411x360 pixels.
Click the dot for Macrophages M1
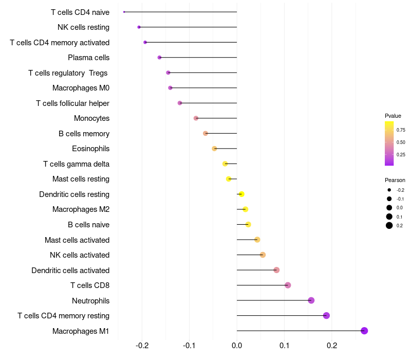click(364, 331)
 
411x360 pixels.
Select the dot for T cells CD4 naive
click(124, 12)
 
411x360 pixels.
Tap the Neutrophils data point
click(311, 300)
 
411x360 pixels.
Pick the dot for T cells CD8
click(288, 285)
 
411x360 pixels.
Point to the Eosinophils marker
click(214, 149)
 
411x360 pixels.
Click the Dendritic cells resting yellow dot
click(241, 194)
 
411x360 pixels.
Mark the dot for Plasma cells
click(159, 58)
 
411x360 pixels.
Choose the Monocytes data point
click(196, 118)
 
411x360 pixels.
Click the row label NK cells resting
click(83, 27)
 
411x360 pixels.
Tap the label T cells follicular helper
click(72, 103)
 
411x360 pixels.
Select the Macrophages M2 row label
click(81, 209)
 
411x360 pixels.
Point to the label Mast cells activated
click(77, 240)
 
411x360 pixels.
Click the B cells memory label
click(84, 134)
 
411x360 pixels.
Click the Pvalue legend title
click(393, 116)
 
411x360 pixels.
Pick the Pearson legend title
click(395, 180)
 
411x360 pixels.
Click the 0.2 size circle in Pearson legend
click(389, 225)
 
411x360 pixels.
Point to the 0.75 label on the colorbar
click(401, 130)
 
